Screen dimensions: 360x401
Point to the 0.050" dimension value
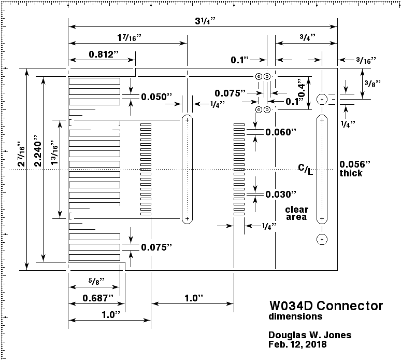point(156,97)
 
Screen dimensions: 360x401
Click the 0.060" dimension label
point(280,132)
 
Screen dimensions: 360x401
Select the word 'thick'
point(351,173)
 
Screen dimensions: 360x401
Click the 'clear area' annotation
point(297,213)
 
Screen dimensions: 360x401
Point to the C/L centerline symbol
point(306,169)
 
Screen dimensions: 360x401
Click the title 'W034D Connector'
point(326,306)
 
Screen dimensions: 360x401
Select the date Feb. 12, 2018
point(298,344)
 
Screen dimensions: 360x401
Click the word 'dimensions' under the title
point(295,316)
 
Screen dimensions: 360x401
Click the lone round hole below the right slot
point(322,239)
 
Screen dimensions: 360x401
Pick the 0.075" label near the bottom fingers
point(156,247)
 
